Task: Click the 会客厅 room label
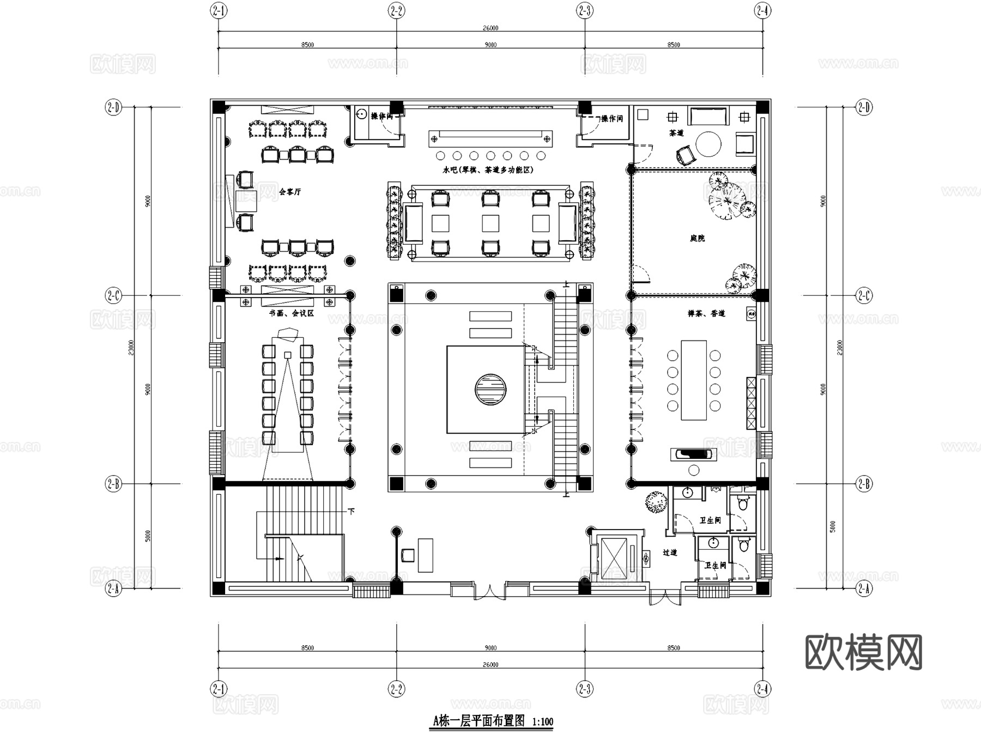point(289,192)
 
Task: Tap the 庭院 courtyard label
point(697,238)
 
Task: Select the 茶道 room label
point(676,132)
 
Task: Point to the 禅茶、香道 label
point(706,313)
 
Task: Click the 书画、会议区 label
point(291,313)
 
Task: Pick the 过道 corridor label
point(670,552)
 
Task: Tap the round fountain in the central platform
point(490,389)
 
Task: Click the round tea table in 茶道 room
point(708,144)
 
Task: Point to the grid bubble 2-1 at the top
point(219,10)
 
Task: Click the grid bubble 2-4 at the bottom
point(762,689)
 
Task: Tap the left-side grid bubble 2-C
point(113,295)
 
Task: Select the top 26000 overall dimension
point(490,28)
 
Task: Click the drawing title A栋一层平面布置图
point(479,721)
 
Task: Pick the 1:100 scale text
point(542,722)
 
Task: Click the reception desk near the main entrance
point(425,555)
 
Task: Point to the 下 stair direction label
point(352,511)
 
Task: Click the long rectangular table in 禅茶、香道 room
point(694,380)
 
